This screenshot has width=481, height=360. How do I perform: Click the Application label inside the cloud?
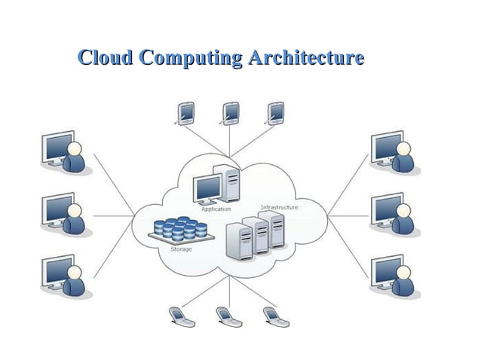pyautogui.click(x=216, y=209)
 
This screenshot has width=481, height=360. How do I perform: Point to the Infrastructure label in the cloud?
pyautogui.click(x=279, y=207)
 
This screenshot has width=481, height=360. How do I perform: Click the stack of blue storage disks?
pyautogui.click(x=179, y=229)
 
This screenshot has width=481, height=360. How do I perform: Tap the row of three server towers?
pyautogui.click(x=256, y=233)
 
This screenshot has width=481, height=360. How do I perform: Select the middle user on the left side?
pyautogui.click(x=65, y=214)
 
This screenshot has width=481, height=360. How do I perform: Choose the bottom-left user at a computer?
pyautogui.click(x=65, y=275)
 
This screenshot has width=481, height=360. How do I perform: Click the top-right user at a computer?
pyautogui.click(x=394, y=153)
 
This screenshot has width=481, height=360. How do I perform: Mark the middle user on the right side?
pyautogui.click(x=394, y=214)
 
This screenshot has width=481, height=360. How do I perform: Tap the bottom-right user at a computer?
pyautogui.click(x=394, y=275)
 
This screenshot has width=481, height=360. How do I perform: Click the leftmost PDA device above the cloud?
pyautogui.click(x=184, y=112)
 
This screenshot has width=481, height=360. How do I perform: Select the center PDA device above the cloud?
pyautogui.click(x=230, y=112)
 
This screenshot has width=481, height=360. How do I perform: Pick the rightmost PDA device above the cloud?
pyautogui.click(x=275, y=112)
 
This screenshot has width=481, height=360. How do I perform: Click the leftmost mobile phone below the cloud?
pyautogui.click(x=181, y=316)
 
